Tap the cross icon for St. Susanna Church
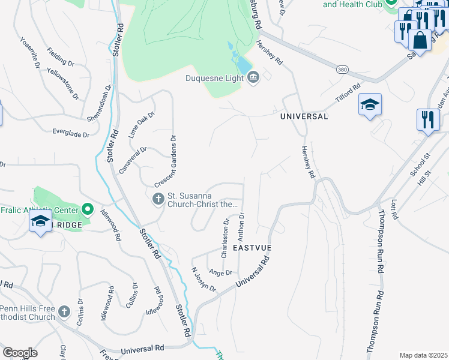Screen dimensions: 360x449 coord(158,199)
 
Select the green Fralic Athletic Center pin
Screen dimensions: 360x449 coord(88,209)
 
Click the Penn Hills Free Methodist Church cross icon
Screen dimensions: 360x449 coord(64,312)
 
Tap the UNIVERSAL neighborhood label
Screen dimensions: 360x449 coord(304,116)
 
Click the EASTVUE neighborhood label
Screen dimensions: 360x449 coord(253,247)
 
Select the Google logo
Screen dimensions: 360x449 coord(20,353)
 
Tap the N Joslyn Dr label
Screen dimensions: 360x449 coord(203,279)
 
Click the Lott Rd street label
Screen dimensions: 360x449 coord(394,209)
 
